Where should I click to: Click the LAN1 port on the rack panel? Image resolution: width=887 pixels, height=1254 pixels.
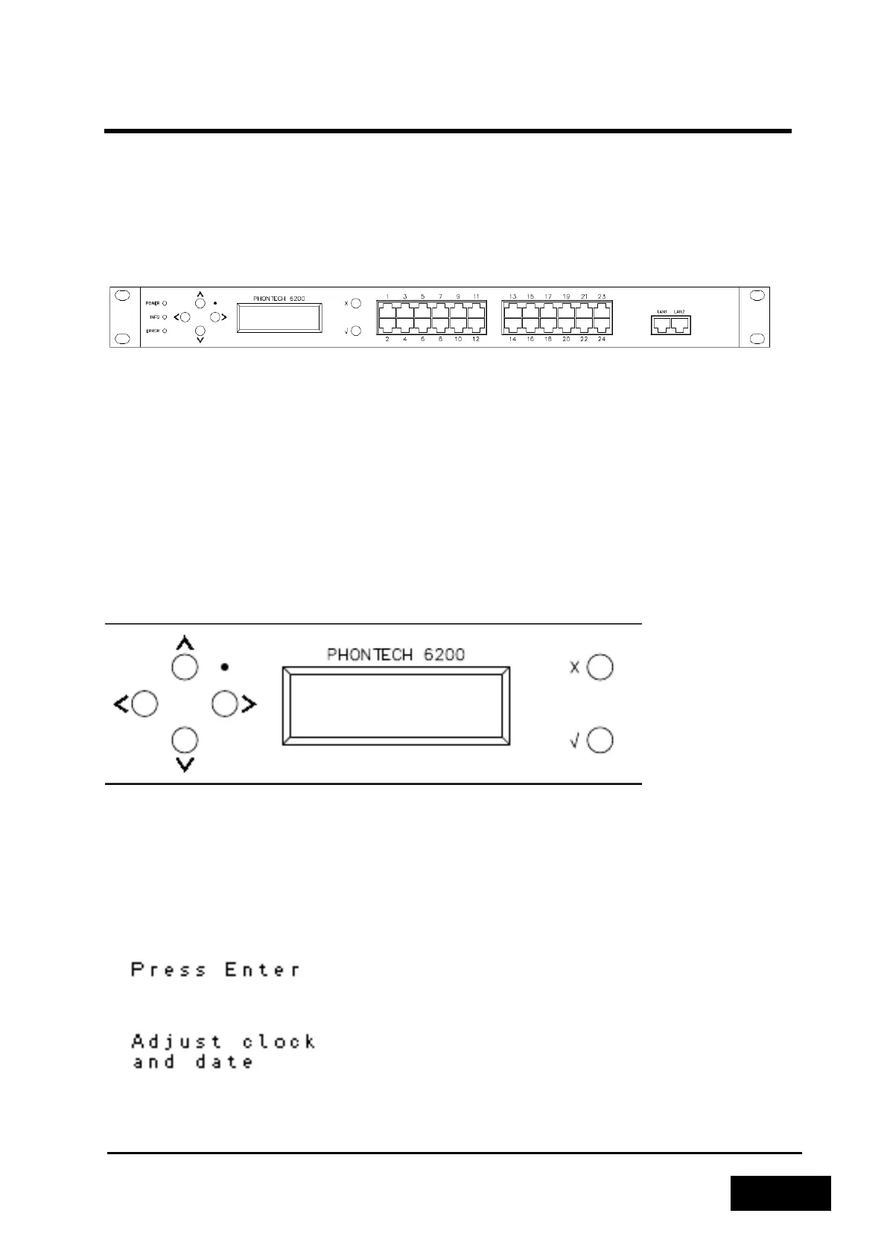pos(661,325)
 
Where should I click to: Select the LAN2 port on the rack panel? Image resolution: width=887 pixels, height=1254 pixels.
pos(679,325)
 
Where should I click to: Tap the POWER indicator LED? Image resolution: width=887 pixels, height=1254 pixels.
pos(165,303)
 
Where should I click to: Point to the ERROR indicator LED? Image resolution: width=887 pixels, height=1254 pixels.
pos(165,330)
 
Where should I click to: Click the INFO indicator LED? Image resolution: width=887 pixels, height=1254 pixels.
pos(165,316)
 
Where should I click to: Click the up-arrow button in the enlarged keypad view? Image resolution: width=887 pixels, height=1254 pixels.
pos(185,666)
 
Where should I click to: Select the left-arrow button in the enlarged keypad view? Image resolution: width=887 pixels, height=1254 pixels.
pos(144,704)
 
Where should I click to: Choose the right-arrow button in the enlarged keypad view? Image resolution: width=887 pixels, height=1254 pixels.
pos(225,704)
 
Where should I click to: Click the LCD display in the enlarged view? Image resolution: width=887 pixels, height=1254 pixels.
pos(395,706)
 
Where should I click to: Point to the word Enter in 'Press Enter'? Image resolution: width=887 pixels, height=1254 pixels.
pos(263,970)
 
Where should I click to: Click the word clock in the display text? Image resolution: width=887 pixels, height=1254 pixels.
pos(279,1041)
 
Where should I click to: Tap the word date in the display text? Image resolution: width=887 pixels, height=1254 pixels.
pos(224,1061)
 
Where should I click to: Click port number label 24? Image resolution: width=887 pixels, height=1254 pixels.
pos(602,340)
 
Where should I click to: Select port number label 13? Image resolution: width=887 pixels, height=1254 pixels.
pos(512,296)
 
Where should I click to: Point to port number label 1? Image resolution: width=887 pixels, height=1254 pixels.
pos(387,296)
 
